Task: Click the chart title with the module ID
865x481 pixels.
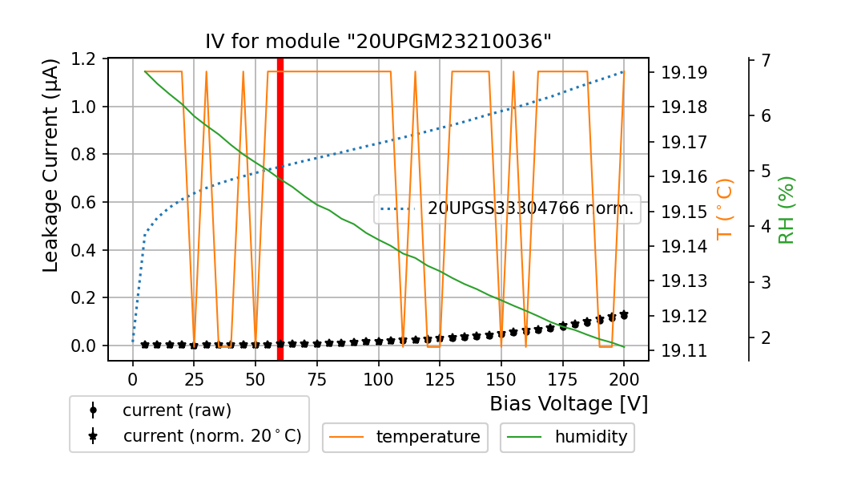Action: (x=378, y=42)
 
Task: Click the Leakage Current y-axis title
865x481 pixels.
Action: (x=50, y=165)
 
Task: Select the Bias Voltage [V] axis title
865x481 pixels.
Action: (x=569, y=403)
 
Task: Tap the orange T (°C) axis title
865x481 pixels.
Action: (x=724, y=209)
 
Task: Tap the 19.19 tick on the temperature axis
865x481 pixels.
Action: (x=683, y=73)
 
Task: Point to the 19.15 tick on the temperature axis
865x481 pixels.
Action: (x=683, y=212)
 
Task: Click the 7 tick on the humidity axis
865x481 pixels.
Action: (x=765, y=60)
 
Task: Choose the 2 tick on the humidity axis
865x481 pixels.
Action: (x=765, y=338)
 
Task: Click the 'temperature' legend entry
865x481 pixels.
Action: (x=428, y=437)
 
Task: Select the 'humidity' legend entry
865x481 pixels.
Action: (x=590, y=437)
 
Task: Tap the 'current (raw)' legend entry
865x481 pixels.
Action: (x=176, y=410)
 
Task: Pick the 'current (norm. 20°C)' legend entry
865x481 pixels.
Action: (x=211, y=436)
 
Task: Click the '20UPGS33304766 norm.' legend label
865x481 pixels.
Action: (x=530, y=209)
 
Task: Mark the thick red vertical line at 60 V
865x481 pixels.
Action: (x=280, y=208)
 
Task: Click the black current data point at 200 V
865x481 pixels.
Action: (x=624, y=315)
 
